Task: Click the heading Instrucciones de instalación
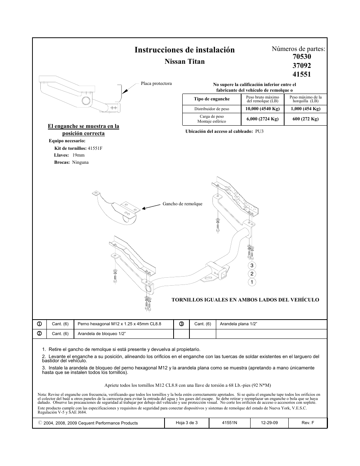click(184, 50)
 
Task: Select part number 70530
click(302, 57)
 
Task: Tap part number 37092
click(302, 66)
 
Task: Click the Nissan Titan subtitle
click(185, 62)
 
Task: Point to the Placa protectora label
click(156, 83)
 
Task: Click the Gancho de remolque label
click(182, 204)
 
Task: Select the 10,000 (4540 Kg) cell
click(262, 109)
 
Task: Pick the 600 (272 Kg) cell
click(305, 119)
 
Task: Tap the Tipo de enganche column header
click(211, 99)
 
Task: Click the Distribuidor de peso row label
click(211, 109)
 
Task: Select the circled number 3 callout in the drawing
click(252, 266)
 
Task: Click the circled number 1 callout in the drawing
click(252, 282)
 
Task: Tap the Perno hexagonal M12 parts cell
click(119, 324)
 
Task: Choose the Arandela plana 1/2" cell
click(238, 324)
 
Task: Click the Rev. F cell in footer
click(308, 423)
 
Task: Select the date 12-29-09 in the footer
click(269, 423)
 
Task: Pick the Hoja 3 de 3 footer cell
click(186, 423)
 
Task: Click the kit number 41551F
click(95, 148)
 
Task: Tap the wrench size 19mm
click(78, 155)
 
